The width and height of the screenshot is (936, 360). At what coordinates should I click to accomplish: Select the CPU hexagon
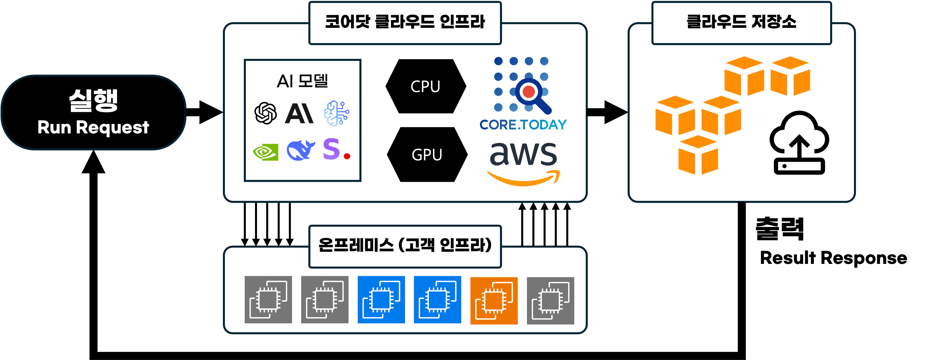click(x=425, y=86)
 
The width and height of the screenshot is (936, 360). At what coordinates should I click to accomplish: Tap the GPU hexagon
click(x=427, y=155)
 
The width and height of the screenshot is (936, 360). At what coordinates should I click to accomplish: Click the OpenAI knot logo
click(x=265, y=113)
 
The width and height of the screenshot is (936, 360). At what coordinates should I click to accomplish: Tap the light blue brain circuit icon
click(x=336, y=113)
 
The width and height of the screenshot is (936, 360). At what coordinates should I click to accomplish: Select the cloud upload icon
click(x=799, y=143)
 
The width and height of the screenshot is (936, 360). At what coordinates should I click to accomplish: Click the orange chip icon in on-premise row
click(x=494, y=300)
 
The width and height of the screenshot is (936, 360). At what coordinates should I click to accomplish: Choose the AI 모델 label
click(x=302, y=81)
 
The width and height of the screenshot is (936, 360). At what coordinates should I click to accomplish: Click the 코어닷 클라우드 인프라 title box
click(x=405, y=23)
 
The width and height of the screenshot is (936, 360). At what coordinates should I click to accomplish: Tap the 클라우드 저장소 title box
click(x=741, y=23)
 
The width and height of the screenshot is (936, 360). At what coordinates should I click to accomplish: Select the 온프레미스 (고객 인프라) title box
click(x=405, y=246)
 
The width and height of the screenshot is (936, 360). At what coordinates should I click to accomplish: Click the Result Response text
click(x=833, y=258)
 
